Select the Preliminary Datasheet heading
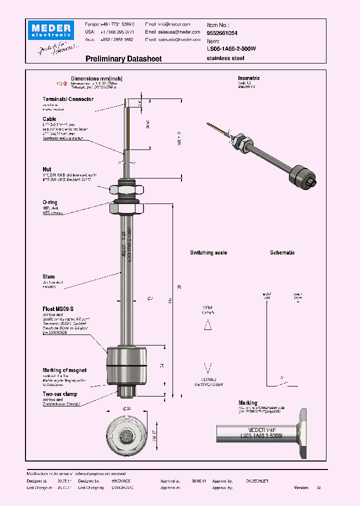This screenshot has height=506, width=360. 123,59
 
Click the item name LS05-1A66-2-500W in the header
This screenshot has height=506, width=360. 231,49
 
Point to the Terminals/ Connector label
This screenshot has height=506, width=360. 67,99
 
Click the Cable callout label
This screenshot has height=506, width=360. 49,119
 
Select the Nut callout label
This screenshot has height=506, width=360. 47,169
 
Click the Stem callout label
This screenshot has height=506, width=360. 48,276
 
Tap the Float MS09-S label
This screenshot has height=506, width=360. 58,309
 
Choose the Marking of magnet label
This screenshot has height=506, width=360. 64,370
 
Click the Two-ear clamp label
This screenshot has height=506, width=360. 59,394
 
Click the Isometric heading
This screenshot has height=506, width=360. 248,78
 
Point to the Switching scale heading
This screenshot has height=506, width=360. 208,253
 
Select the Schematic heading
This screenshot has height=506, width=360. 282,253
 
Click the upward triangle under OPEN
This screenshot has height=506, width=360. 208,324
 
